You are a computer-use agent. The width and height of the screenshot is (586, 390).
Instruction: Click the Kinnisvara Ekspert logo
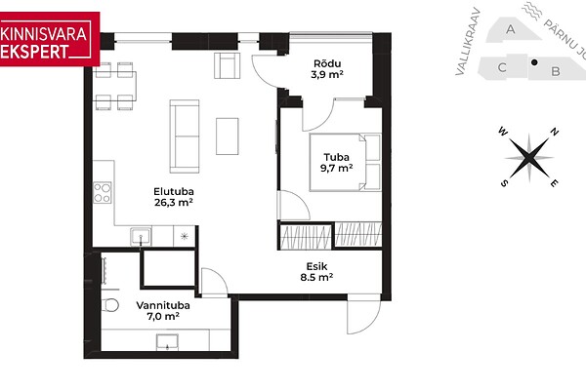(50, 39)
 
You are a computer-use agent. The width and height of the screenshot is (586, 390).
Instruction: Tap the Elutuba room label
(174, 191)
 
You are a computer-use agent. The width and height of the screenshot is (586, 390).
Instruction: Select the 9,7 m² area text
(336, 168)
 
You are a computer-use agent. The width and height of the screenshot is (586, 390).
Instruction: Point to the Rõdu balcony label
(327, 63)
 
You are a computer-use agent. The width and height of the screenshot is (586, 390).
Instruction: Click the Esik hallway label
(316, 266)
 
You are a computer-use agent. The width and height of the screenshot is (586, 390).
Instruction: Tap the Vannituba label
(163, 305)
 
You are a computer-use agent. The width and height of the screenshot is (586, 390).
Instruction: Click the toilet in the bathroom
(109, 305)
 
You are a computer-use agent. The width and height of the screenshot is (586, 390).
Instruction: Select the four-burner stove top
(103, 193)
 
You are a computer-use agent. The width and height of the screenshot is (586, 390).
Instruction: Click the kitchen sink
(141, 237)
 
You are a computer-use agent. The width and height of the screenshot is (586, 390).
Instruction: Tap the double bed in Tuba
(345, 163)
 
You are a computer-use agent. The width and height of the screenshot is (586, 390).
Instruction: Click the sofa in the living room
(185, 136)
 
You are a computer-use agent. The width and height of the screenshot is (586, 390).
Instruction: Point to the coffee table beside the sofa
(228, 136)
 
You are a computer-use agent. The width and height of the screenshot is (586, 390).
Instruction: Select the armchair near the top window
(227, 65)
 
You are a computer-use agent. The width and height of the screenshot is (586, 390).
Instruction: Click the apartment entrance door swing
(363, 314)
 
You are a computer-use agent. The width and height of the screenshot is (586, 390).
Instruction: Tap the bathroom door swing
(214, 283)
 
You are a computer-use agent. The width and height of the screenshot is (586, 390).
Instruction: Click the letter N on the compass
(555, 132)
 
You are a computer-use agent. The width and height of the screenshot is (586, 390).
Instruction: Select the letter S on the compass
(504, 183)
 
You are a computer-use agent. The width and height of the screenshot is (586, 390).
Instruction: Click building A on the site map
(512, 29)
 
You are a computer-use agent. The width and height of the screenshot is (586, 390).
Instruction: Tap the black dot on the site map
(534, 62)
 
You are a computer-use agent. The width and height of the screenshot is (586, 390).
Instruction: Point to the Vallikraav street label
(468, 42)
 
